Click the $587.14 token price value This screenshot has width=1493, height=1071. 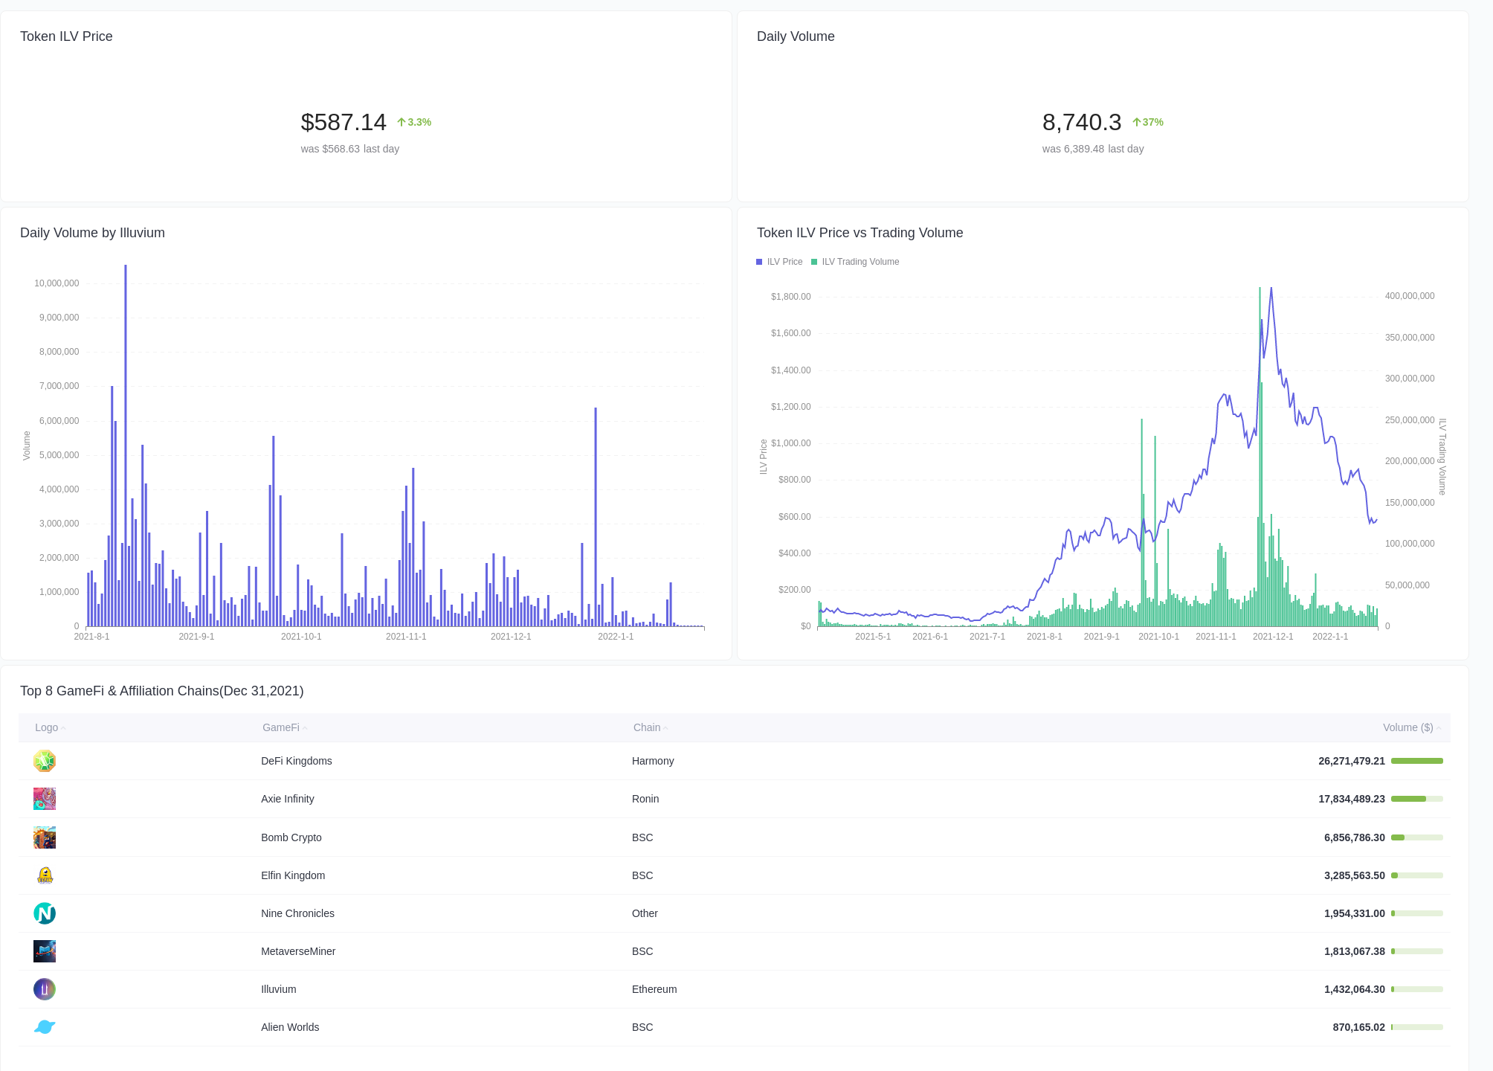coord(344,123)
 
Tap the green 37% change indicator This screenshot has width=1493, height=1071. coord(1148,123)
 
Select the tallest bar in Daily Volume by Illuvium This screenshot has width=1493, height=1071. coord(126,446)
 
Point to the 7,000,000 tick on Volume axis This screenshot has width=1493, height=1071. coord(59,386)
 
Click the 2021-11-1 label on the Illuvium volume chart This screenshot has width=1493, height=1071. coord(406,637)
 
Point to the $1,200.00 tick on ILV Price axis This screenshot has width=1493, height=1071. coord(790,407)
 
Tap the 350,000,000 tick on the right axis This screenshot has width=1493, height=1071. coord(1409,338)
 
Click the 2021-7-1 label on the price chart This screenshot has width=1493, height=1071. coord(987,637)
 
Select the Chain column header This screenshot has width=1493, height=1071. coord(647,727)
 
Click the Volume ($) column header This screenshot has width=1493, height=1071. coord(1407,727)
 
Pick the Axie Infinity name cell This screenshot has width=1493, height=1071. coord(288,799)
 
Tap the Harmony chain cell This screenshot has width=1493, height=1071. coord(653,761)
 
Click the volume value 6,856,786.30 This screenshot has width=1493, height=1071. coord(1354,837)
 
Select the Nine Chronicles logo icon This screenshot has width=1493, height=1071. coord(45,913)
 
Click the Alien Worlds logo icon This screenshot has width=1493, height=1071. coord(45,1027)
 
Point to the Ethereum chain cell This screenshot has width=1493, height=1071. coord(654,989)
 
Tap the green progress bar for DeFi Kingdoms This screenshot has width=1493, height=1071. coord(1416,761)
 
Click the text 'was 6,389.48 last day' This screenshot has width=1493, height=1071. coord(1092,149)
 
